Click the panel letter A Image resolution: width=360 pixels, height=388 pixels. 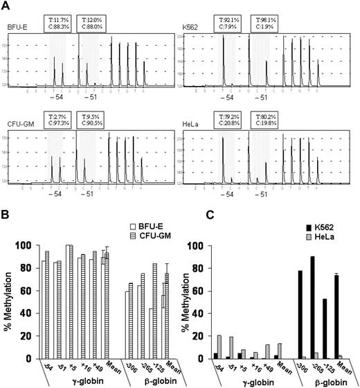click(x=6, y=6)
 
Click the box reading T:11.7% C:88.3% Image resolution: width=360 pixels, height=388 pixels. click(x=59, y=20)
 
